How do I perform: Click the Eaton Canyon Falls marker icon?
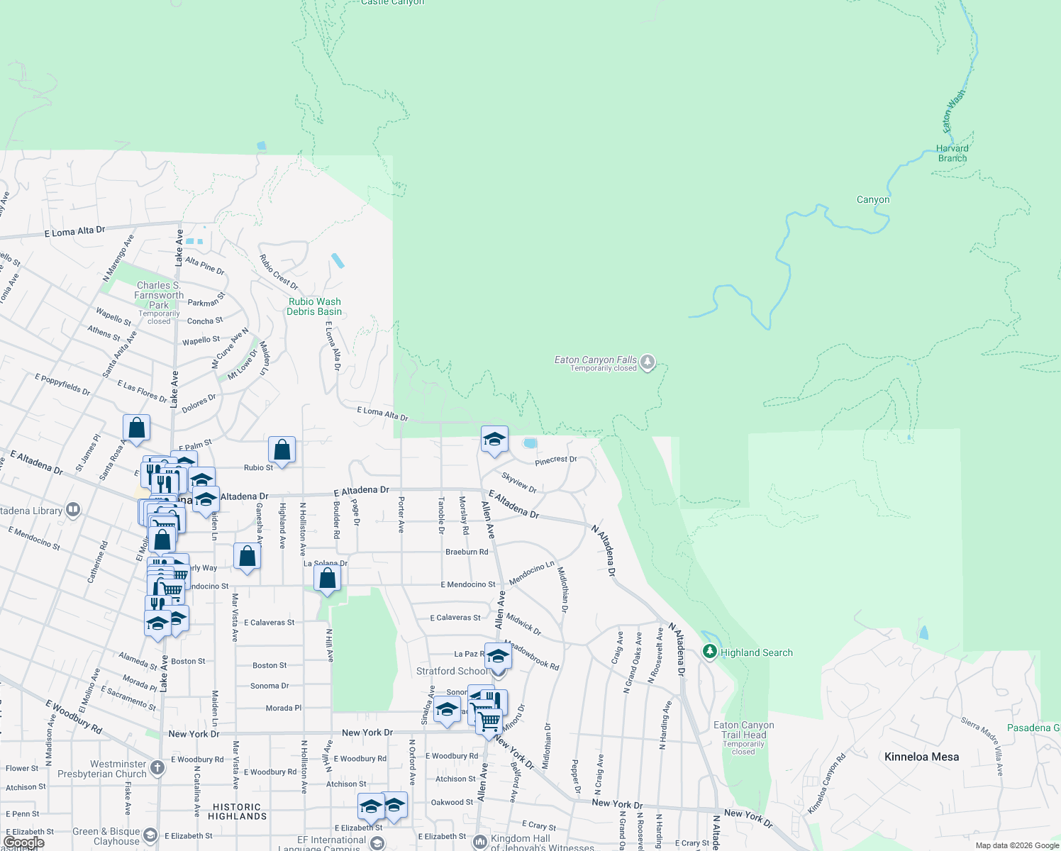(x=647, y=362)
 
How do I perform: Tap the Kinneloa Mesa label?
(x=921, y=757)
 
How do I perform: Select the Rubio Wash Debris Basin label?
(x=314, y=306)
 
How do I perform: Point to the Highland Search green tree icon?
(x=709, y=651)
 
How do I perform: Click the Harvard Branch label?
(x=952, y=153)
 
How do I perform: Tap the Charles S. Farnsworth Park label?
(x=159, y=295)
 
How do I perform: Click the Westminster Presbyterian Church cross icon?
(x=157, y=767)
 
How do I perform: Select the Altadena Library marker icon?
(x=72, y=510)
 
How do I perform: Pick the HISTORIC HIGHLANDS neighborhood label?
(x=237, y=811)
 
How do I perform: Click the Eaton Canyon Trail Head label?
(x=743, y=730)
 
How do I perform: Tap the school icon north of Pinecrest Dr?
(x=494, y=439)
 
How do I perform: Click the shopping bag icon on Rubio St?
(x=282, y=450)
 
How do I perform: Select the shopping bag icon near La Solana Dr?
(x=327, y=578)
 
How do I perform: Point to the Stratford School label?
(x=452, y=671)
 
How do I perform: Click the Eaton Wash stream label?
(x=953, y=111)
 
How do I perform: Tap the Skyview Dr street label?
(x=519, y=482)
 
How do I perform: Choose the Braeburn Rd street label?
(x=467, y=552)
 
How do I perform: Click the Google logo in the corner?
(x=23, y=842)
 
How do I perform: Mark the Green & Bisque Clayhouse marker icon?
(x=150, y=835)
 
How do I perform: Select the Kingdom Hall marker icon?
(x=480, y=842)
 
